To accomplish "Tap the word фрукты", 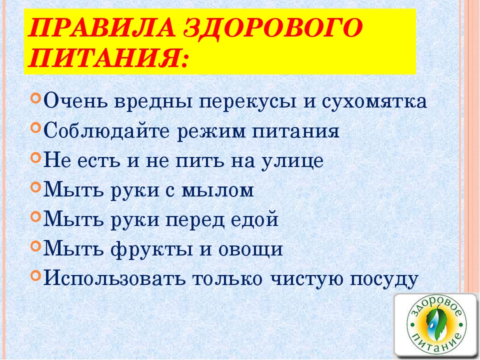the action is click(152, 249).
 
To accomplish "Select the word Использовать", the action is click(114, 278).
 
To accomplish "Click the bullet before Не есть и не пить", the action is click(36, 158).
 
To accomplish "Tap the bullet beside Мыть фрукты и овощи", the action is click(36, 246).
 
